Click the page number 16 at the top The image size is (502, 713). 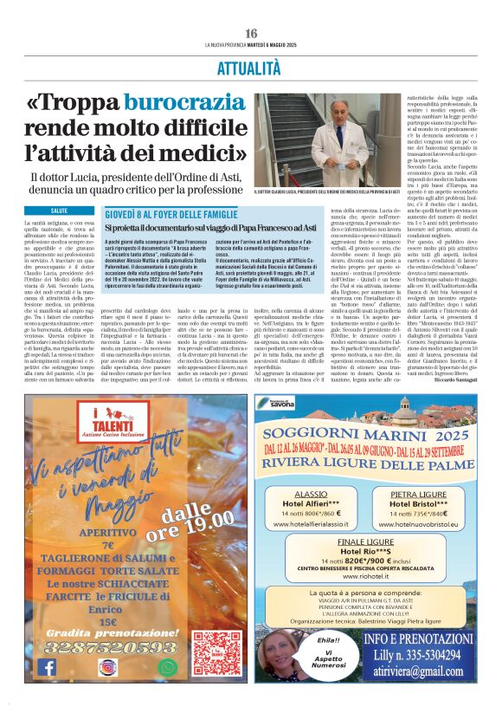[x=251, y=33]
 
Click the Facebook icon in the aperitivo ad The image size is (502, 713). [x=48, y=666]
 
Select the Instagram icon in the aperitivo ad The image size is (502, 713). [x=107, y=666]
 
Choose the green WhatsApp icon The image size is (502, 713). [x=167, y=666]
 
